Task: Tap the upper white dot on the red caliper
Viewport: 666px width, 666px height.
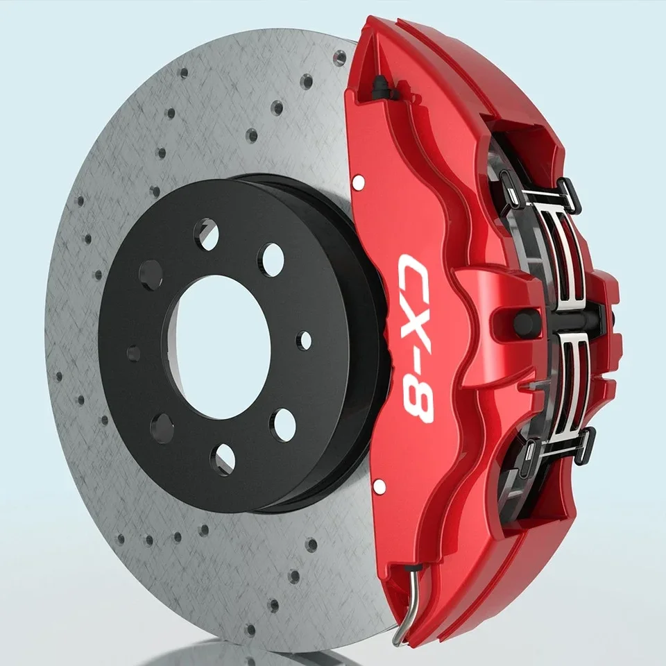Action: tap(358, 182)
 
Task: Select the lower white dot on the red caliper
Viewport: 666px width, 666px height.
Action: tap(379, 486)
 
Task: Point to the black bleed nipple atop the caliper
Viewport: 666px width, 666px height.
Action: tap(380, 88)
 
